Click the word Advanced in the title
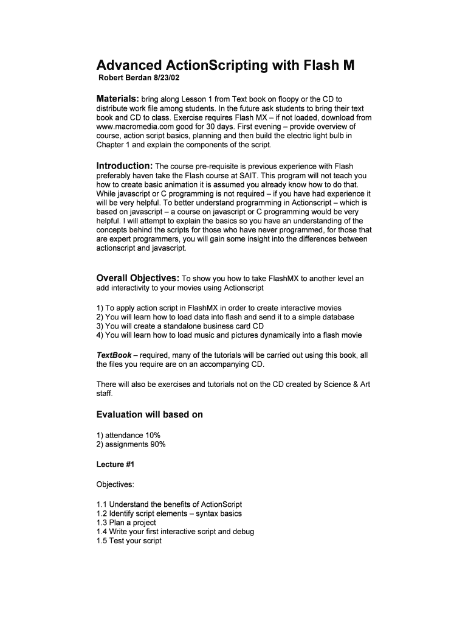click(x=128, y=66)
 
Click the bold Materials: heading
click(x=118, y=99)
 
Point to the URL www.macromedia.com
click(x=130, y=126)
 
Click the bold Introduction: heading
click(x=125, y=166)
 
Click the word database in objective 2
click(x=339, y=317)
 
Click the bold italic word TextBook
click(x=114, y=355)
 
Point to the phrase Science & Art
click(x=345, y=385)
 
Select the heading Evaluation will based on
click(x=150, y=415)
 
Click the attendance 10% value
click(x=151, y=435)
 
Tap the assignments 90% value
click(x=156, y=444)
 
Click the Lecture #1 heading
click(x=115, y=465)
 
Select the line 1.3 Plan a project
click(x=126, y=523)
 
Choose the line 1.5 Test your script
click(x=129, y=540)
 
